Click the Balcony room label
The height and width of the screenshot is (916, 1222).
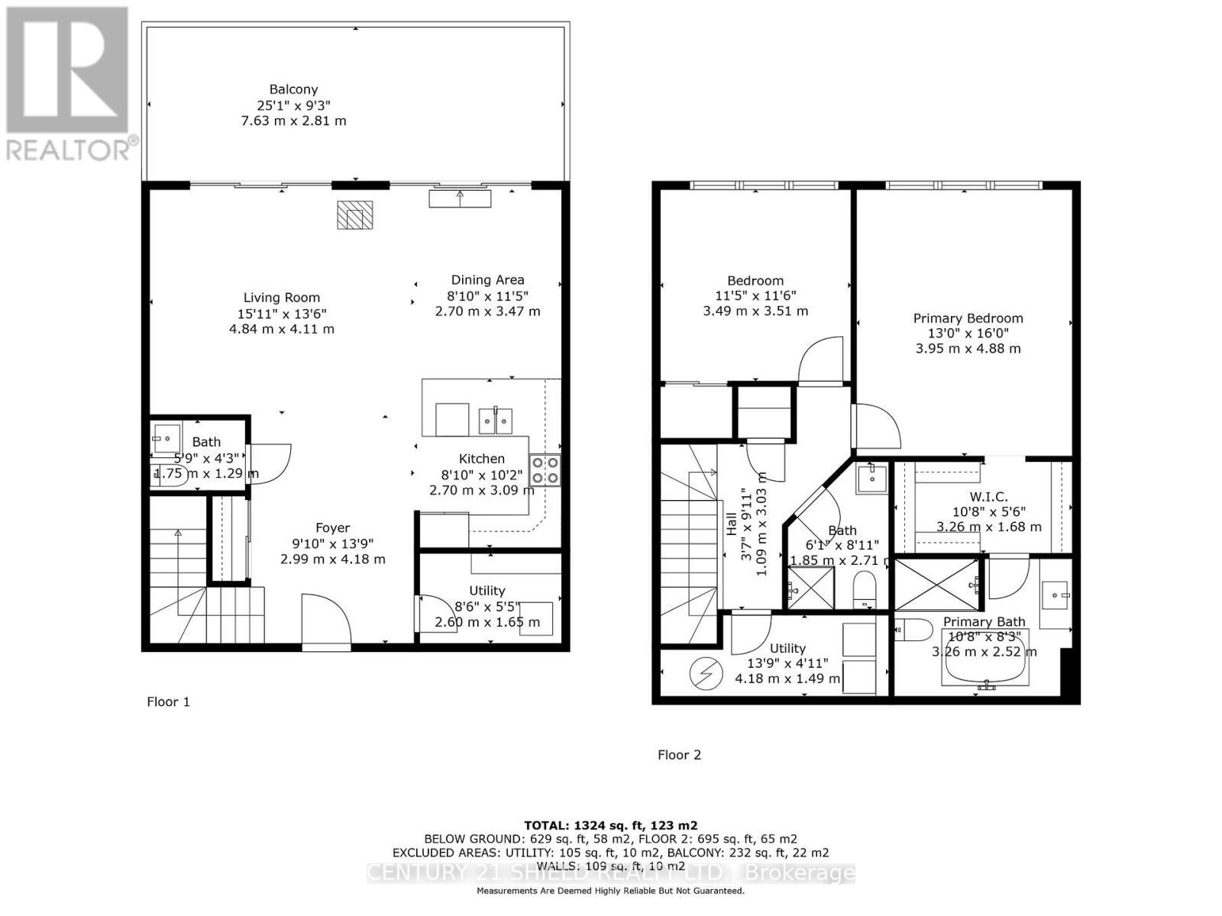293,89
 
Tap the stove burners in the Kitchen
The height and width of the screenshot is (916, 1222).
545,470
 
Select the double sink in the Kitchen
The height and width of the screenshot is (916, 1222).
496,420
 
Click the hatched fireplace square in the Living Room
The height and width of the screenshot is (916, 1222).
354,215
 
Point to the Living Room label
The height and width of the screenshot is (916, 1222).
282,298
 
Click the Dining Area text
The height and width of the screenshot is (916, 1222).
487,280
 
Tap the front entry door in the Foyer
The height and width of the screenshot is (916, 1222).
326,622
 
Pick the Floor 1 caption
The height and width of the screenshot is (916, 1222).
168,702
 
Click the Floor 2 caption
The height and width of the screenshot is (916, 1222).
679,755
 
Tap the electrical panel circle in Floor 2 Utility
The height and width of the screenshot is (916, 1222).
705,673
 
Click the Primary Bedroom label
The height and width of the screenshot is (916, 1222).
968,318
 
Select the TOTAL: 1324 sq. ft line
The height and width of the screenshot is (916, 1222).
610,825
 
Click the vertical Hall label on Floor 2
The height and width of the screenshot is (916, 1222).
732,524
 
